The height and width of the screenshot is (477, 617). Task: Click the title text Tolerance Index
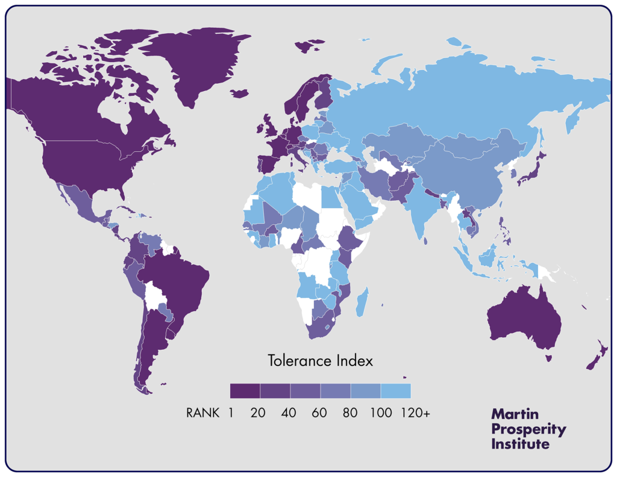point(320,361)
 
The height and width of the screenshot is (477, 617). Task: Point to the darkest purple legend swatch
point(245,391)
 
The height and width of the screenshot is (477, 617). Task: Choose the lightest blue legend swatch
point(395,391)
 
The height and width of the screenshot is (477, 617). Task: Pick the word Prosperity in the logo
point(529,429)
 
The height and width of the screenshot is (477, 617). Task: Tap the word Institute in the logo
point(521,444)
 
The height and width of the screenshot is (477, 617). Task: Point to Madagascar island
point(363,302)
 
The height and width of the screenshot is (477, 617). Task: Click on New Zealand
point(597,358)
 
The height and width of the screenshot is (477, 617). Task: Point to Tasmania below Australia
point(549,358)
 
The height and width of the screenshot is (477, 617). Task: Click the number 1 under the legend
point(232,413)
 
